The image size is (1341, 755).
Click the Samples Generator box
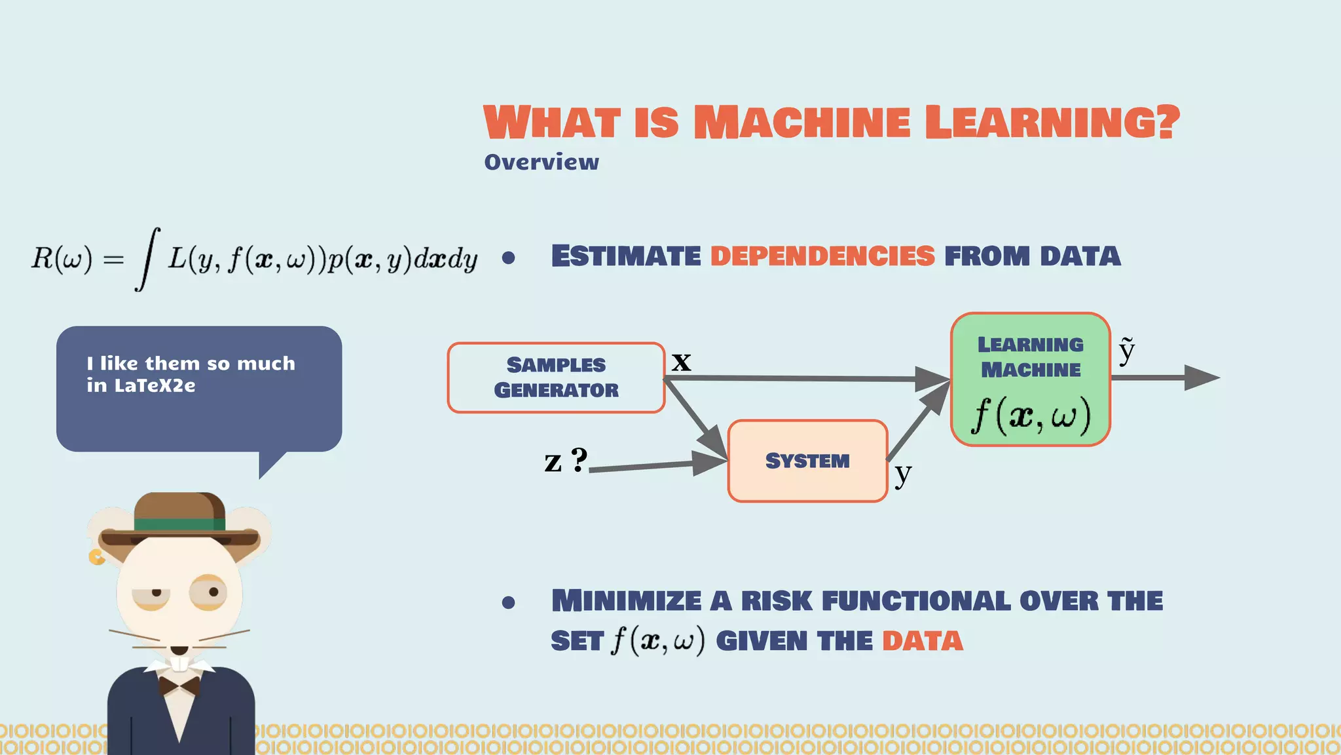556,377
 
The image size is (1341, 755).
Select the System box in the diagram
807,461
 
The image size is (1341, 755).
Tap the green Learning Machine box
1030,379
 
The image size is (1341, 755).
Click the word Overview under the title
541,162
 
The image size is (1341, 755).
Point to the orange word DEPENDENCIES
822,256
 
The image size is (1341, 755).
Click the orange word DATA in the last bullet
922,640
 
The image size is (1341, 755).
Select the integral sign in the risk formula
148,258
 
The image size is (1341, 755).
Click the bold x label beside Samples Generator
681,361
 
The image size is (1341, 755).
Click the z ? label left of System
566,460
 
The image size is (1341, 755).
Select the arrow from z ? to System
655,465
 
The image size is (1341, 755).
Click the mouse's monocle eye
209,592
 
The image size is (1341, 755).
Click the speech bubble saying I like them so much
198,388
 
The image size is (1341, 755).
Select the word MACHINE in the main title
801,123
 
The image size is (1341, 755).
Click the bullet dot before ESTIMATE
508,258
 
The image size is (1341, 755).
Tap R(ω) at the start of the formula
62,258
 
